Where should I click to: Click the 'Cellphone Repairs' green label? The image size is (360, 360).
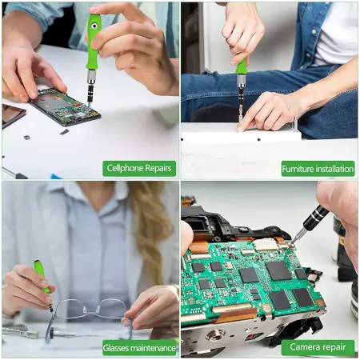139,168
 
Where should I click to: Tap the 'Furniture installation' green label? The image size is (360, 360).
318,168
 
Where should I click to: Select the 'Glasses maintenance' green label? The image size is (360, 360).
139,347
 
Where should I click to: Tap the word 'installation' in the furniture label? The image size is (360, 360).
330,168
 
